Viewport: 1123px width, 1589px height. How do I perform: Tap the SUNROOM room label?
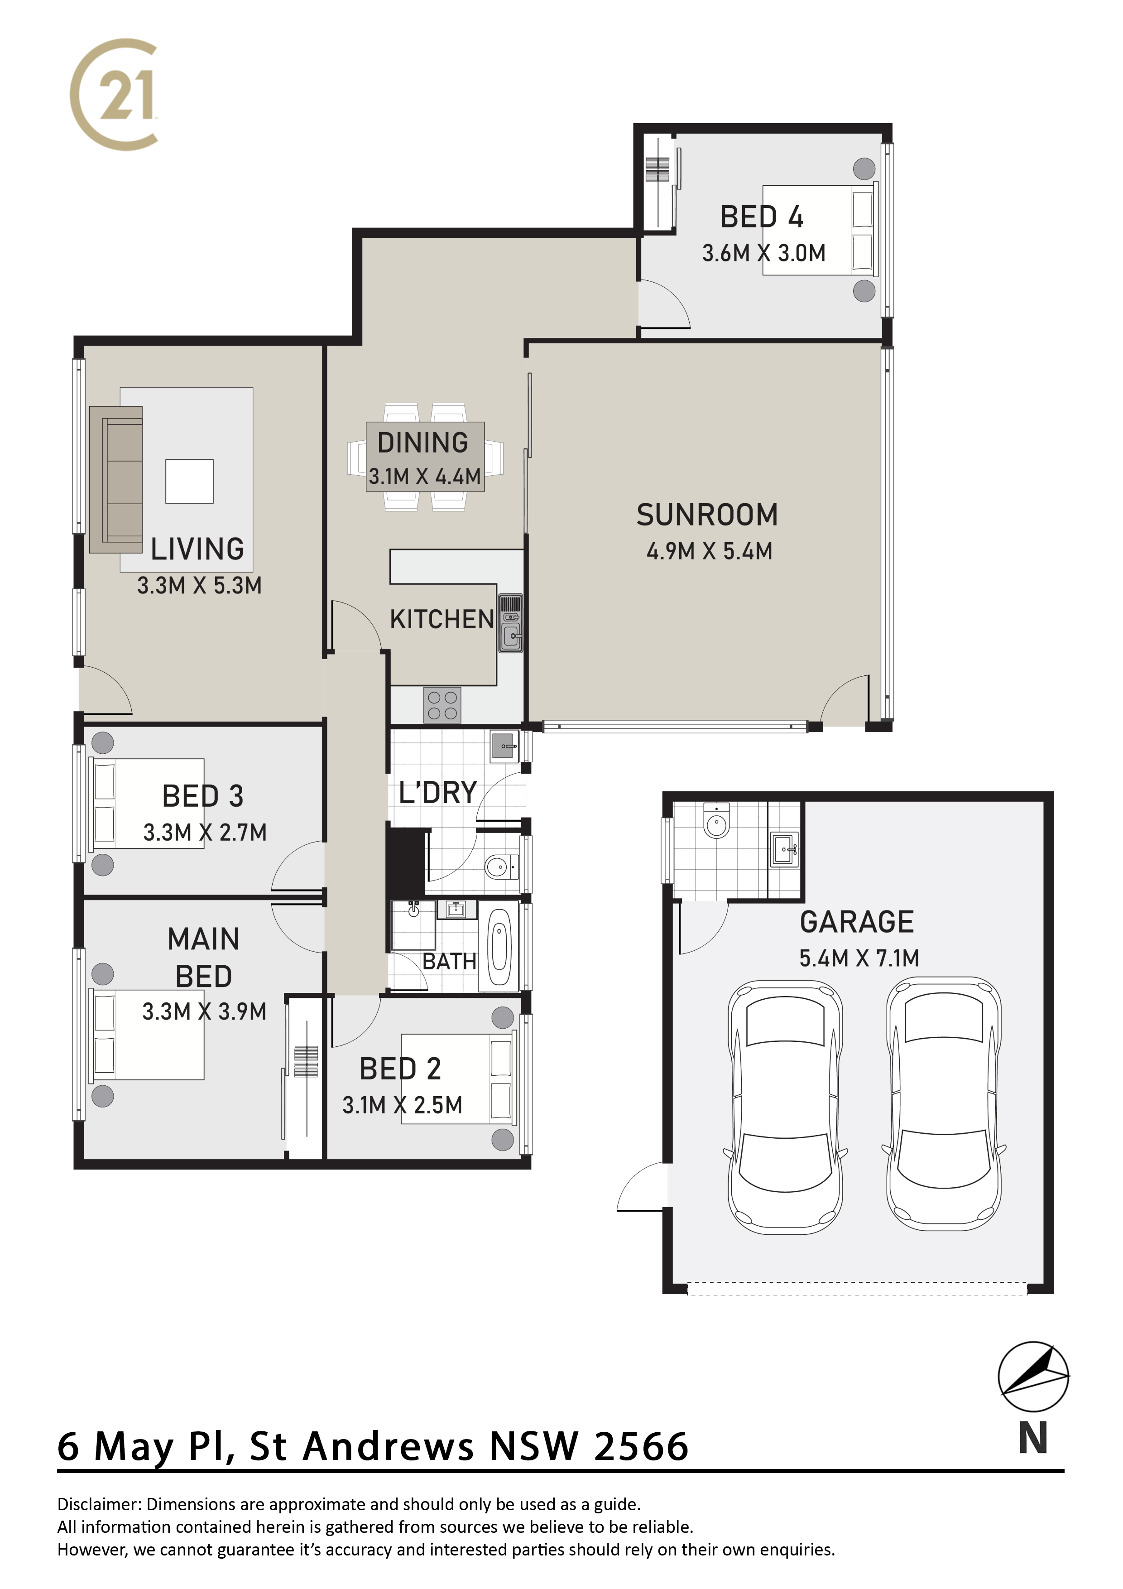click(707, 515)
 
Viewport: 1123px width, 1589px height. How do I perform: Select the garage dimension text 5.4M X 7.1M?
click(859, 958)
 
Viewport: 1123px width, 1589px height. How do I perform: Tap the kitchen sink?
click(511, 623)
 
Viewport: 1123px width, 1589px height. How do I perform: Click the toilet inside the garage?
click(716, 821)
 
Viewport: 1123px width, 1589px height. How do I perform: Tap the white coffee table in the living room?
click(189, 482)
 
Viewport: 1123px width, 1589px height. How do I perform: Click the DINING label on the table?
click(423, 443)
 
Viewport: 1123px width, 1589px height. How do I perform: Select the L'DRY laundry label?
click(438, 793)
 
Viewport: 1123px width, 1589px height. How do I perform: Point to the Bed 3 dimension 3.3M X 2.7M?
click(205, 833)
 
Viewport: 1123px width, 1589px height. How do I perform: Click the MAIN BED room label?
click(203, 958)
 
